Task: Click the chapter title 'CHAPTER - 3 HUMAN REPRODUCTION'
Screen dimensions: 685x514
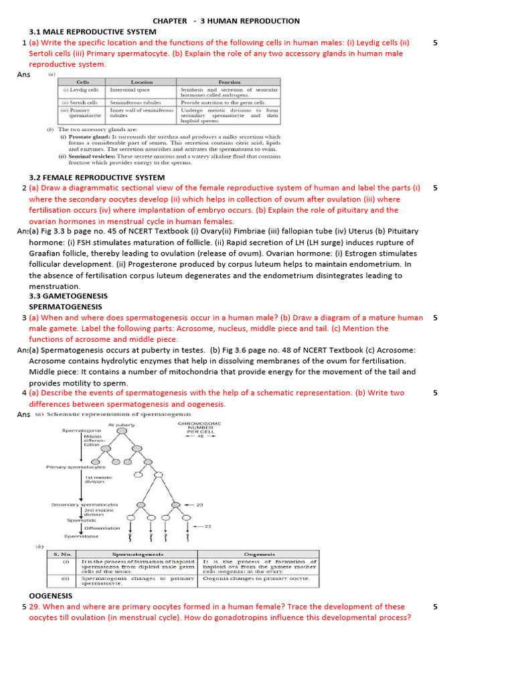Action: click(x=226, y=21)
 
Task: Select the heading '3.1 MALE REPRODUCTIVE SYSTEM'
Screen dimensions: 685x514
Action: click(x=92, y=32)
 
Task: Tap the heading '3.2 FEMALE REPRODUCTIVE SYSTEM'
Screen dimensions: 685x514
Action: click(x=96, y=177)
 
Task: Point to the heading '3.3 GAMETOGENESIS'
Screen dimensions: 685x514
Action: click(x=68, y=296)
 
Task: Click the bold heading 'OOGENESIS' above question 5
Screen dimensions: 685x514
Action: click(x=51, y=595)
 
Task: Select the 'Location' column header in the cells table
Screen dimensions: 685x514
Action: click(x=141, y=82)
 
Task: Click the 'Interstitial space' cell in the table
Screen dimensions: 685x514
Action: click(x=130, y=90)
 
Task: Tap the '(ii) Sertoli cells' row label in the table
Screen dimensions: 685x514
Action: click(x=80, y=102)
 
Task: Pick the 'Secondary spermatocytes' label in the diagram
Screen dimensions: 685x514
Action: click(x=85, y=504)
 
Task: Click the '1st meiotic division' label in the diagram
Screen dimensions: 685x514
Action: click(x=98, y=479)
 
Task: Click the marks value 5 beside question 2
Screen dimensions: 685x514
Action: click(x=435, y=188)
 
